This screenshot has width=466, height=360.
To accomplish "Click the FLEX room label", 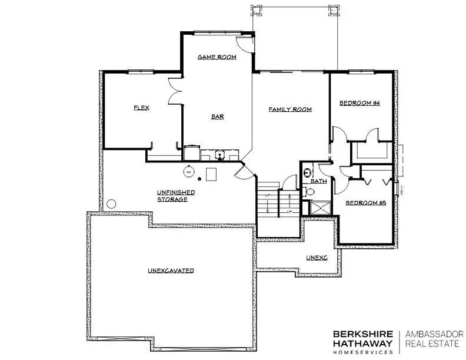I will click(141, 108).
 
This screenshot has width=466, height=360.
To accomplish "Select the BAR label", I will click(217, 116).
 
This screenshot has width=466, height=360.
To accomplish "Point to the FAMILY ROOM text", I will click(290, 109).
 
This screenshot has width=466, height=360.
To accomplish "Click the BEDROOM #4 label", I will click(360, 103).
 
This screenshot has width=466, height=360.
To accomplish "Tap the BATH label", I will click(319, 181).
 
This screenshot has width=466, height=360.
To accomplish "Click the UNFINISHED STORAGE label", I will click(175, 196).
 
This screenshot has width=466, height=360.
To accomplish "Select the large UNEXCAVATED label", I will click(171, 271).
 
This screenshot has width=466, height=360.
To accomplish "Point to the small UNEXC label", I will click(316, 258).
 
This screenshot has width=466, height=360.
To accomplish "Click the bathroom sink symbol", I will click(307, 173).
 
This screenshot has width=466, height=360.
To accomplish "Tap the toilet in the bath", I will click(310, 192).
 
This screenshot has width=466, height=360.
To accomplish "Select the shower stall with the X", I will click(319, 208).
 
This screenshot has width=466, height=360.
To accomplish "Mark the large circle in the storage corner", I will click(112, 205).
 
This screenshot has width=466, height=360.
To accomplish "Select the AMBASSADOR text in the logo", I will click(434, 332).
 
